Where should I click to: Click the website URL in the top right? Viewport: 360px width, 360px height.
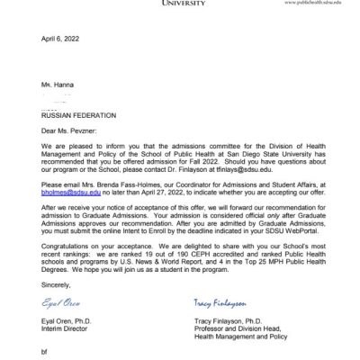[313, 4]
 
